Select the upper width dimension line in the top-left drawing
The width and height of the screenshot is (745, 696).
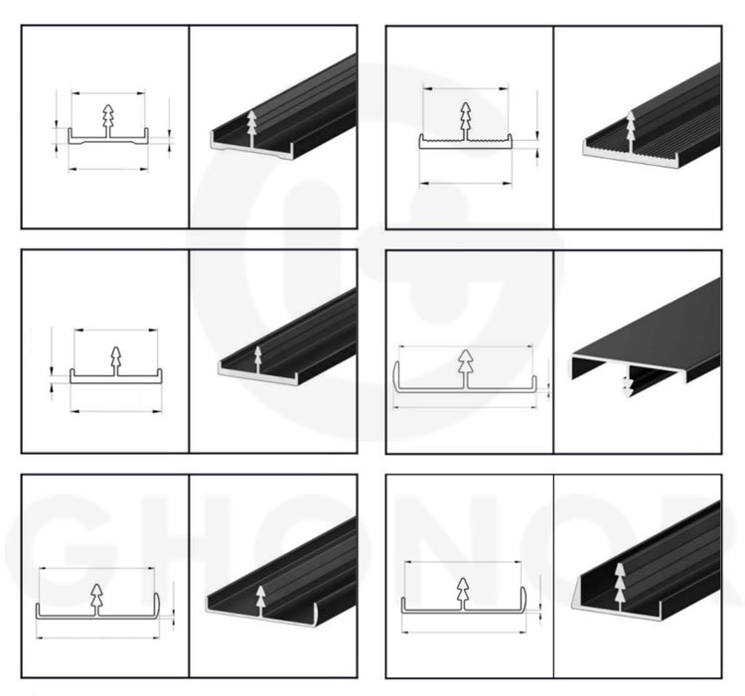108,93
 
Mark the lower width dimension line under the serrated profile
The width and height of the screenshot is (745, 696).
466,183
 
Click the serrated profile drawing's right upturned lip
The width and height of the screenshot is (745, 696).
511,141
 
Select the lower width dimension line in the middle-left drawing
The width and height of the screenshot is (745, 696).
116,412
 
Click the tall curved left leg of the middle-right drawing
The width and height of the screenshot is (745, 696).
395,376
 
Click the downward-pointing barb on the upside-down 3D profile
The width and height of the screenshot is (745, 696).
628,384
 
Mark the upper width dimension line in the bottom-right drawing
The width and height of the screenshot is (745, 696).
463,562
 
